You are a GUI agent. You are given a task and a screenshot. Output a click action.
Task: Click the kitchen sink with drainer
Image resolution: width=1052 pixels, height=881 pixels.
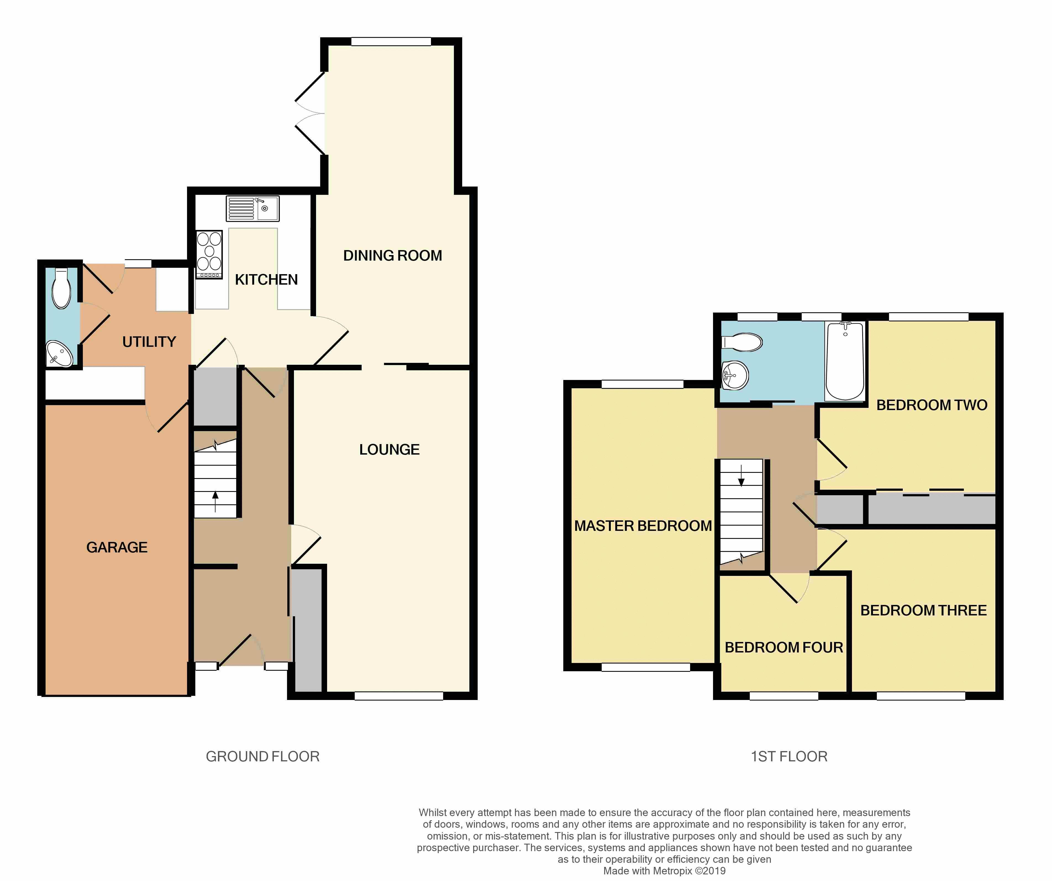coord(253,208)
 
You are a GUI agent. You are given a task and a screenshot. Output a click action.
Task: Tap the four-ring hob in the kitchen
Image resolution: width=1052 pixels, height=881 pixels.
coord(209,254)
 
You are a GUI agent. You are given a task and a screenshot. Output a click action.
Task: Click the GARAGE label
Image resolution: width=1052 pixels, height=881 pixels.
coord(117,547)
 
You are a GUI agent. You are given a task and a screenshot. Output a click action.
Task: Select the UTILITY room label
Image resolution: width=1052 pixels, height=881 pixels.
coord(149,342)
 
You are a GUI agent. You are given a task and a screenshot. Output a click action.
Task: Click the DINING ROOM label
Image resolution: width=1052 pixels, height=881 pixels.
coord(392,256)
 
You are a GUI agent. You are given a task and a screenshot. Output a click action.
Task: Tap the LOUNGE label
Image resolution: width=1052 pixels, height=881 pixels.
coord(389,450)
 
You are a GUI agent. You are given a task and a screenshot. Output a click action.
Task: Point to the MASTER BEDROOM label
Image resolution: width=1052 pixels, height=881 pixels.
coord(643,526)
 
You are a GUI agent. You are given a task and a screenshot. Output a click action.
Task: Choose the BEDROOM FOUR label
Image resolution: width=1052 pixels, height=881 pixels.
coord(783,647)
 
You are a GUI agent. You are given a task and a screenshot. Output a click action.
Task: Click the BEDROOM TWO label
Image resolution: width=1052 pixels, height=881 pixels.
coord(931,405)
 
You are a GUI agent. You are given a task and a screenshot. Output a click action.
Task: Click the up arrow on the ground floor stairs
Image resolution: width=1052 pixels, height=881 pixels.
coord(215,501)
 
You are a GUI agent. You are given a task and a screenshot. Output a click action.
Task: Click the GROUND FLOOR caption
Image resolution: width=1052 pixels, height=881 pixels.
coord(262,756)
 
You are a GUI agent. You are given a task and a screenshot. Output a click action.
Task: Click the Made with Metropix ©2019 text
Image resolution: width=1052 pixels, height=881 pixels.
coord(664,870)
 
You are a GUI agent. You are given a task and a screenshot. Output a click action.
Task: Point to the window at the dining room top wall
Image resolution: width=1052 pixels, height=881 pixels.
coord(391,42)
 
